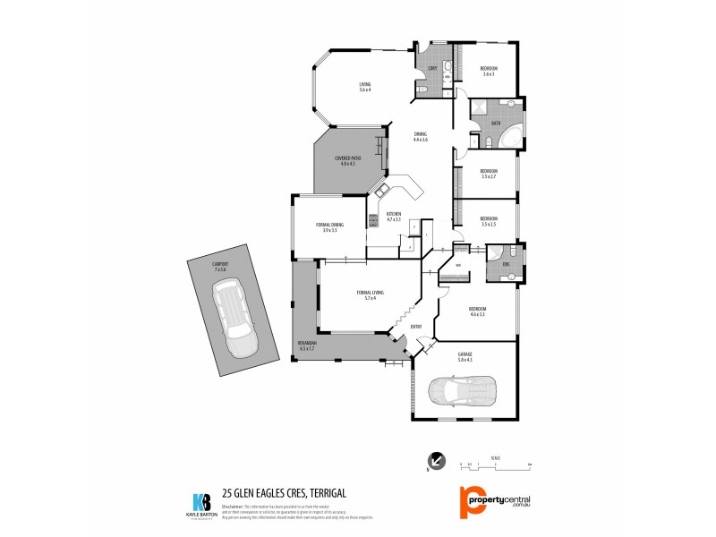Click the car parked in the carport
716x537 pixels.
coord(231,319)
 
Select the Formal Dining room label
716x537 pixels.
coord(329,227)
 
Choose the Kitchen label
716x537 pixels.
coord(394,217)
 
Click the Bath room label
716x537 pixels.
coord(496,124)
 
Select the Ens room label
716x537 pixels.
coord(506,263)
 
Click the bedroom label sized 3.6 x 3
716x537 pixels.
coord(489,72)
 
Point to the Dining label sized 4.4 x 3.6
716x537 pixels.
coord(421,137)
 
